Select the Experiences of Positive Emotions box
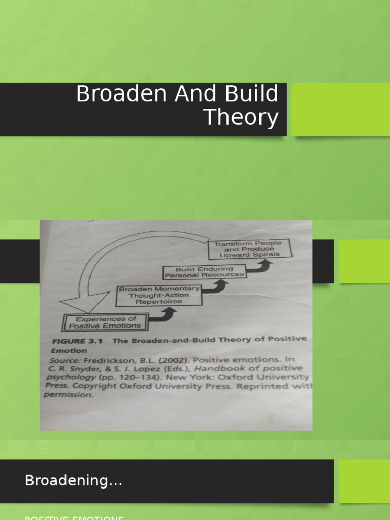[106, 322]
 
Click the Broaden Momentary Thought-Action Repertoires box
[158, 295]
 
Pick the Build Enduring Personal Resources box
[204, 272]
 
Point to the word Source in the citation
[64, 360]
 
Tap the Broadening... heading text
[74, 481]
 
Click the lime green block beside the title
[341, 109]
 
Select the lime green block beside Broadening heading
[364, 481]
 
